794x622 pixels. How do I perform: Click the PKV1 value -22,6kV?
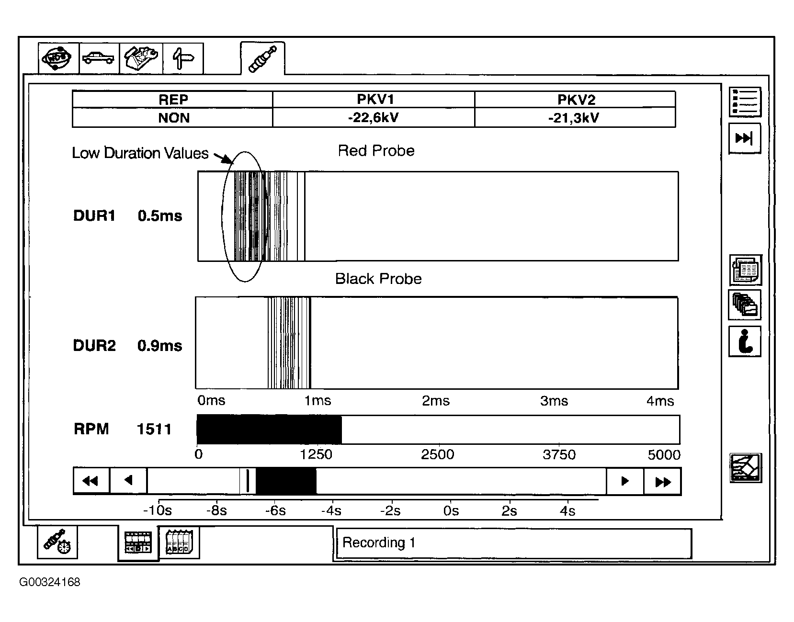[x=373, y=118]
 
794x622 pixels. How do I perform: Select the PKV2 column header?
[x=576, y=99]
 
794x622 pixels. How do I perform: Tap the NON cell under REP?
[x=174, y=118]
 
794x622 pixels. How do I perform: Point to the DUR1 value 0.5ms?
[x=159, y=216]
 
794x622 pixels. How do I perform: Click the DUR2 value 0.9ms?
[x=159, y=346]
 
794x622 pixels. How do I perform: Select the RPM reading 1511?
[x=154, y=429]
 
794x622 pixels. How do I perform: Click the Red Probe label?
[x=376, y=150]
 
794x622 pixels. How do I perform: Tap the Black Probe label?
[x=378, y=279]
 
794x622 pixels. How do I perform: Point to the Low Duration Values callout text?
[x=140, y=153]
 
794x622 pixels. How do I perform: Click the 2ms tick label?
[x=435, y=401]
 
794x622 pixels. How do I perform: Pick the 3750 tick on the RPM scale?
[x=559, y=455]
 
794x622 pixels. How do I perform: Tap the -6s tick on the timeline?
[x=275, y=510]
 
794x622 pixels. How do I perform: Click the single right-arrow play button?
[x=625, y=481]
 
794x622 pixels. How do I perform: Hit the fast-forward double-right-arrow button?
[x=662, y=482]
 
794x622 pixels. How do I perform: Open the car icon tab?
[x=99, y=58]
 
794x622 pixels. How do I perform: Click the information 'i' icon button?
[x=745, y=341]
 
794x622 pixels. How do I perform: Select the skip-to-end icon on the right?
[x=745, y=138]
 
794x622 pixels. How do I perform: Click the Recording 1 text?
[x=378, y=543]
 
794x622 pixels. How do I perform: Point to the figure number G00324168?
[x=50, y=582]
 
